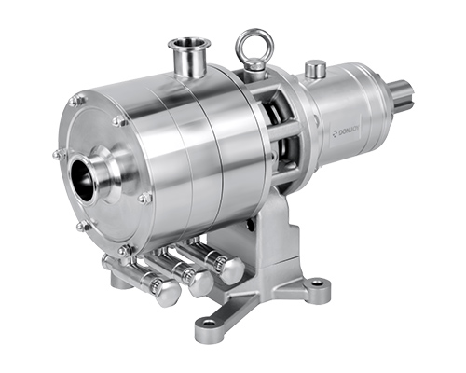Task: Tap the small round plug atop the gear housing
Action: [x=315, y=67]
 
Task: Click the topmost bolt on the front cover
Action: [x=77, y=100]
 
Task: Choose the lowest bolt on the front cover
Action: [x=123, y=250]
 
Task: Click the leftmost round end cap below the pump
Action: [x=167, y=294]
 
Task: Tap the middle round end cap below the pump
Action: [x=199, y=283]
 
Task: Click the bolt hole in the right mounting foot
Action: [x=319, y=282]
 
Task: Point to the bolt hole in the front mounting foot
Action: [x=206, y=324]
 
